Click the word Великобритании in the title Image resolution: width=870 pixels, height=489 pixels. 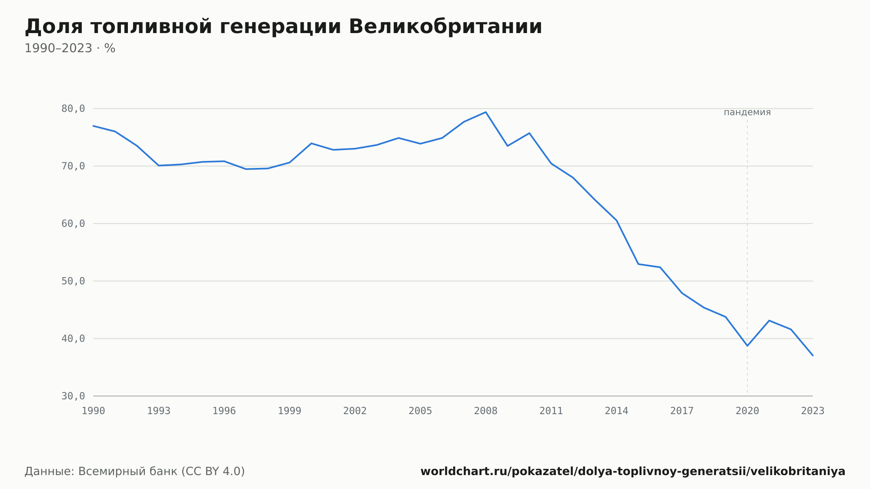(445, 27)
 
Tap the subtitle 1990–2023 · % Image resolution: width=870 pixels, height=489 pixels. (70, 48)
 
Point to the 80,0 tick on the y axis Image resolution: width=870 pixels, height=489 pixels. (73, 109)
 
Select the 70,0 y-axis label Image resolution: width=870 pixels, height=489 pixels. (73, 166)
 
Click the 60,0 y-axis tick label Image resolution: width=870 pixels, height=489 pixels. (73, 224)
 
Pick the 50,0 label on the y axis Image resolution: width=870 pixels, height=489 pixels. (73, 281)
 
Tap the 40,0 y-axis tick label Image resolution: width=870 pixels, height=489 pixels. (73, 338)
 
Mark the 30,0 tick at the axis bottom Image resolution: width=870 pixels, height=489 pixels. (73, 396)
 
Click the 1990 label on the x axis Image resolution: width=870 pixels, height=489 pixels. (94, 411)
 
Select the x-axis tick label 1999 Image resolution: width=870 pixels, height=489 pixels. (290, 411)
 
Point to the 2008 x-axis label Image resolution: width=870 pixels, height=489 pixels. (486, 411)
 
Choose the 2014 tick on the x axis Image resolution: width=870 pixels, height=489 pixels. (616, 411)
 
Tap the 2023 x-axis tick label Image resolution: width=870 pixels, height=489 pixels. (813, 411)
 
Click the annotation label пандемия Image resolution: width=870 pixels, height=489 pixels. (747, 113)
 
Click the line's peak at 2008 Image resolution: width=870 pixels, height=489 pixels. (486, 112)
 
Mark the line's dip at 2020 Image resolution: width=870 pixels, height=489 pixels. (747, 346)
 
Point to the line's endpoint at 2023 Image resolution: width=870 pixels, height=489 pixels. (813, 355)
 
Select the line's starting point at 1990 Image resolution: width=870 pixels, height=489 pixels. (94, 126)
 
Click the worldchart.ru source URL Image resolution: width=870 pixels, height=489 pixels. (633, 472)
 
